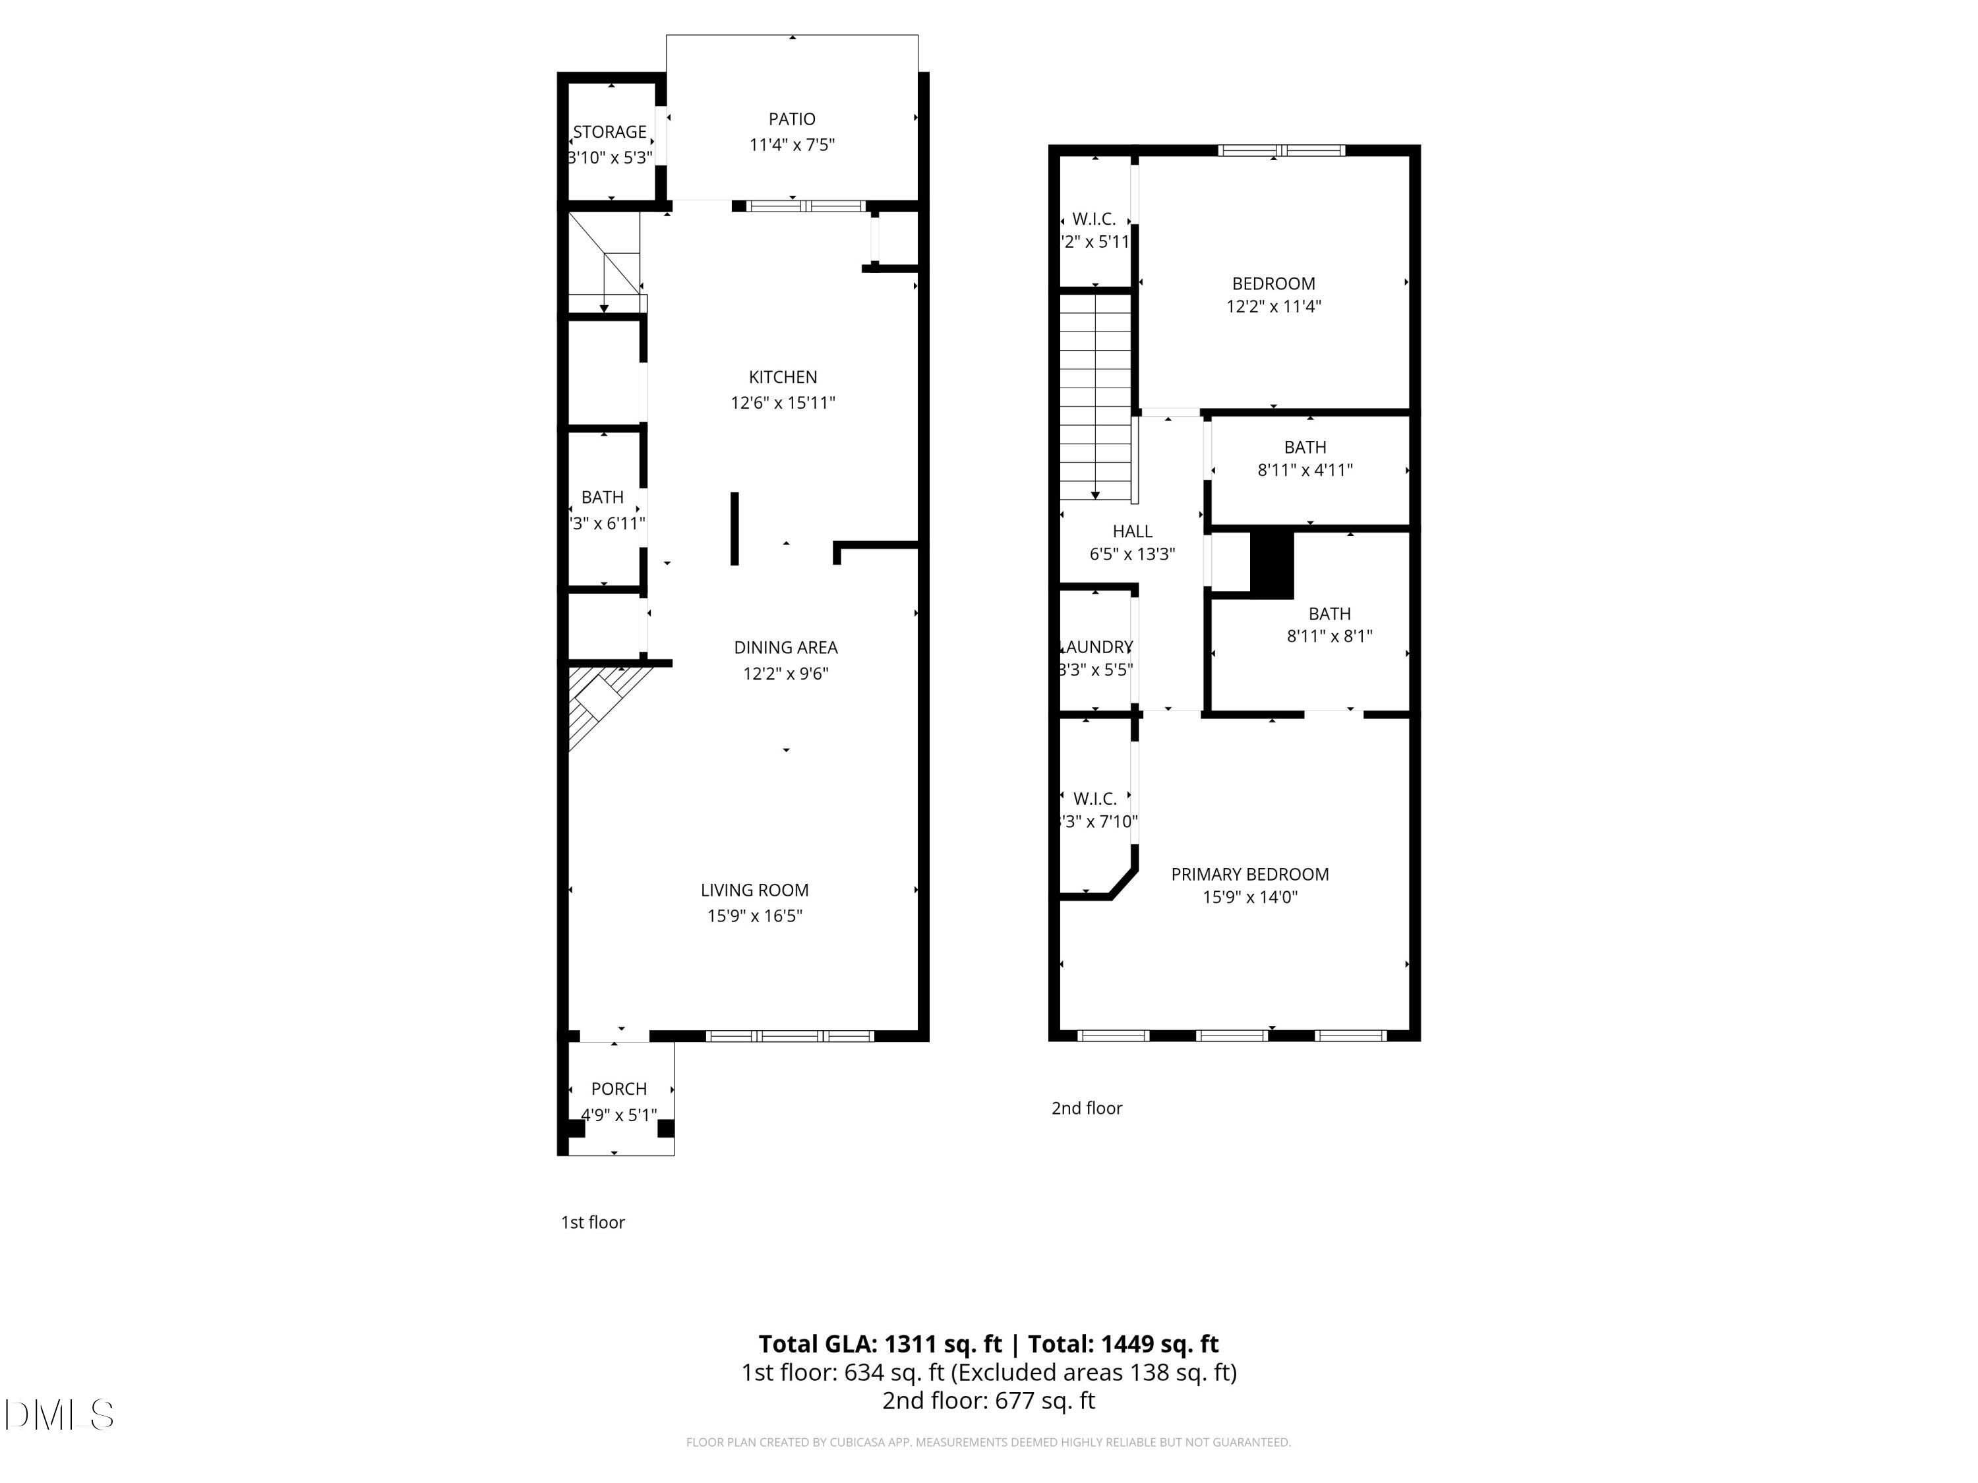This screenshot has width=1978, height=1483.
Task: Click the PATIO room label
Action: (791, 119)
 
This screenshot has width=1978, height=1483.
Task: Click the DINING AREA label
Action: (785, 647)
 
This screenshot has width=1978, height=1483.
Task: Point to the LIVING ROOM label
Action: (754, 890)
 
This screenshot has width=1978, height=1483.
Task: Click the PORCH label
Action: (619, 1089)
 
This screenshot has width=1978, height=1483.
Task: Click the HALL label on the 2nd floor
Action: (1132, 532)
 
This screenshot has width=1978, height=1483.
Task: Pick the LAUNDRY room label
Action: (1096, 647)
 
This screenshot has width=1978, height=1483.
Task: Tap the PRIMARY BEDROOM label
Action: (1249, 874)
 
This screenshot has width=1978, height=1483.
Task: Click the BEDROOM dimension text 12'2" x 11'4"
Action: (1273, 306)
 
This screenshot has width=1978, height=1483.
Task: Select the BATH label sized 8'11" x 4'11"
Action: (1305, 447)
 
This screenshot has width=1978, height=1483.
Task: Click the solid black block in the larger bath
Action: (1272, 565)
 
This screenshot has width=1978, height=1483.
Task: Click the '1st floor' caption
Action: (592, 1222)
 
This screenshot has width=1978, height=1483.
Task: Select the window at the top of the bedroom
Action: (1281, 150)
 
